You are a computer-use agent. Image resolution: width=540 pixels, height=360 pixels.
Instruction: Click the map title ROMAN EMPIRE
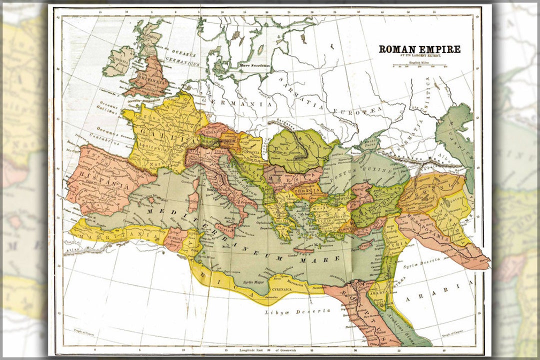(x=419, y=49)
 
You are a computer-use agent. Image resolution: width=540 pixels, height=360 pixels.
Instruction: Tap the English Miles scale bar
(x=420, y=65)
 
